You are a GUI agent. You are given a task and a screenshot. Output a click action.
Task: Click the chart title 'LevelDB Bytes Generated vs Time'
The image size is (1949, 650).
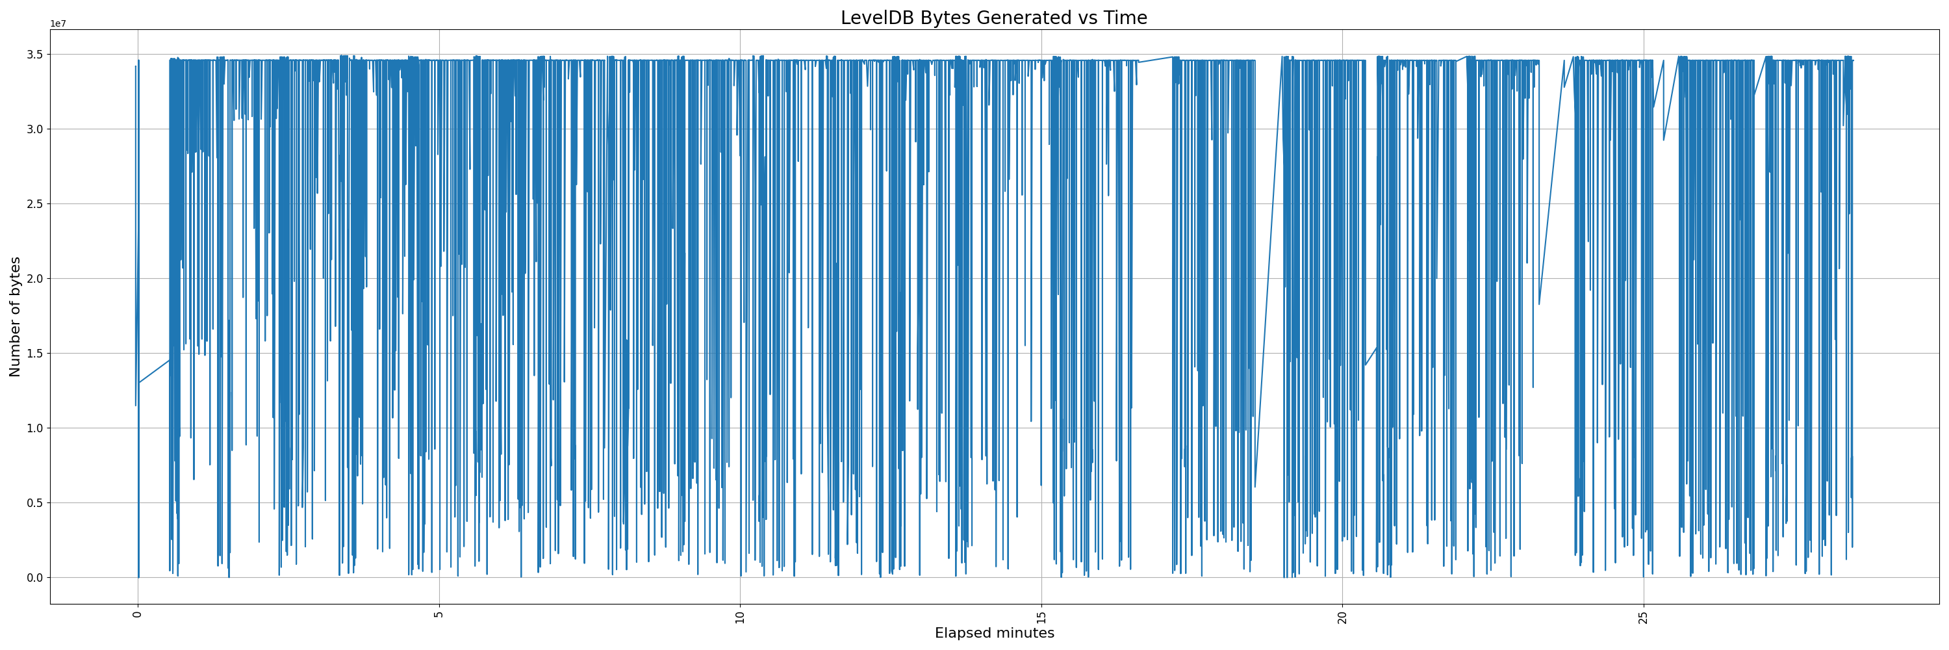click(993, 18)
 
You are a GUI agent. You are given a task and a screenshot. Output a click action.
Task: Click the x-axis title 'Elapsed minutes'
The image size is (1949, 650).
click(994, 633)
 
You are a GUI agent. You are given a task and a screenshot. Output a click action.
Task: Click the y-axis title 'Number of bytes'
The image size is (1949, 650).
click(15, 317)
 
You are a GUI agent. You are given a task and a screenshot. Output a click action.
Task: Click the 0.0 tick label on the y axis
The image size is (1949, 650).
click(36, 578)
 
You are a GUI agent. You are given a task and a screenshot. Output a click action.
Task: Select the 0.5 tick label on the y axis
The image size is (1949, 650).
click(36, 503)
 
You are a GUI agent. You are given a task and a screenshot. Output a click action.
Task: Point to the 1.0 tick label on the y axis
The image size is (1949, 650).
click(36, 428)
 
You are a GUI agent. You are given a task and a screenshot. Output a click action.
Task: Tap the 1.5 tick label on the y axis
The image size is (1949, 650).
click(36, 354)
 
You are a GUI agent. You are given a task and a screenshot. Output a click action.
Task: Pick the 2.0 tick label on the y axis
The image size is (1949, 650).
click(36, 278)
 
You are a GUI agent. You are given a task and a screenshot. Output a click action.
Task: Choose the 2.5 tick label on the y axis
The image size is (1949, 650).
click(36, 204)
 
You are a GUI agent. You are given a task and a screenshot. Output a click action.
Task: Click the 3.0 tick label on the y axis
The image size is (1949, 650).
click(36, 129)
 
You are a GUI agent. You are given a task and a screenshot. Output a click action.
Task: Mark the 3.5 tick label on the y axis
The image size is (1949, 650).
click(36, 55)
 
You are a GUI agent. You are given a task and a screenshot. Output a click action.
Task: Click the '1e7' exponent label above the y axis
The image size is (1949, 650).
click(58, 24)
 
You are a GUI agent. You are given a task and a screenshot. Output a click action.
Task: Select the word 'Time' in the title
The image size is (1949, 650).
click(1126, 18)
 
